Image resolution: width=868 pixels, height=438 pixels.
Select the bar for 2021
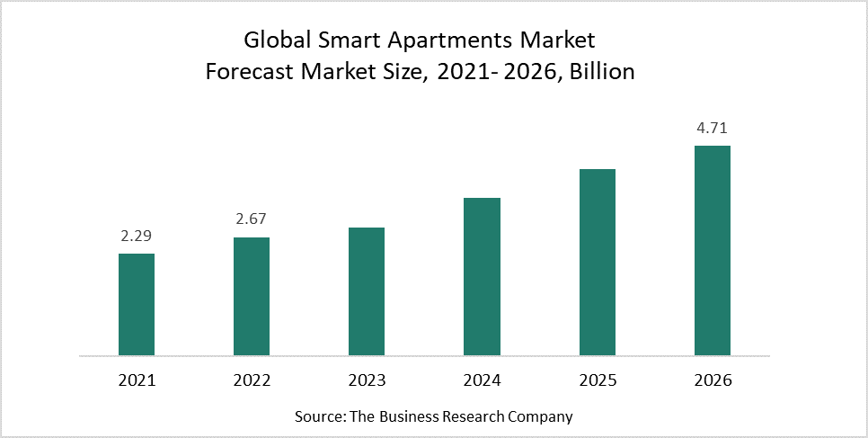click(137, 304)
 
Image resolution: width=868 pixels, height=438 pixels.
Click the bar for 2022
click(252, 296)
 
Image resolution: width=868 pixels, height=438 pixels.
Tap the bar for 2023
click(367, 291)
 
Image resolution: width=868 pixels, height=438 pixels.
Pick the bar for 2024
click(482, 276)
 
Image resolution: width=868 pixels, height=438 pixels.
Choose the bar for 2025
click(597, 262)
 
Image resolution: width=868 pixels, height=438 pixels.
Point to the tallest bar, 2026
click(712, 250)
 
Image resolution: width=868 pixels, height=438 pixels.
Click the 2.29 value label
click(137, 236)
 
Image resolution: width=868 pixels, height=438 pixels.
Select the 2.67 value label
click(252, 219)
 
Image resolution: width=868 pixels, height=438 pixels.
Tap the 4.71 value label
click(712, 128)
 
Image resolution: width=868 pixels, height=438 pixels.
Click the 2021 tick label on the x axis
click(137, 380)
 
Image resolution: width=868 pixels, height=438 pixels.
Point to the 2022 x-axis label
click(252, 380)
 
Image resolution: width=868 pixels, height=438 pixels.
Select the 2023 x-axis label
click(367, 380)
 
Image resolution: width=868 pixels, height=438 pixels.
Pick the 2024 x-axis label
click(482, 380)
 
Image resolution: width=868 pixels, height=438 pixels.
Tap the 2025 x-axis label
click(597, 380)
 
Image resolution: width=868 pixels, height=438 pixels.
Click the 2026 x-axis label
click(712, 380)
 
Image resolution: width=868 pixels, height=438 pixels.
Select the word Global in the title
click(273, 40)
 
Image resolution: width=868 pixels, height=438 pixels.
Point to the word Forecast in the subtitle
click(245, 72)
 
